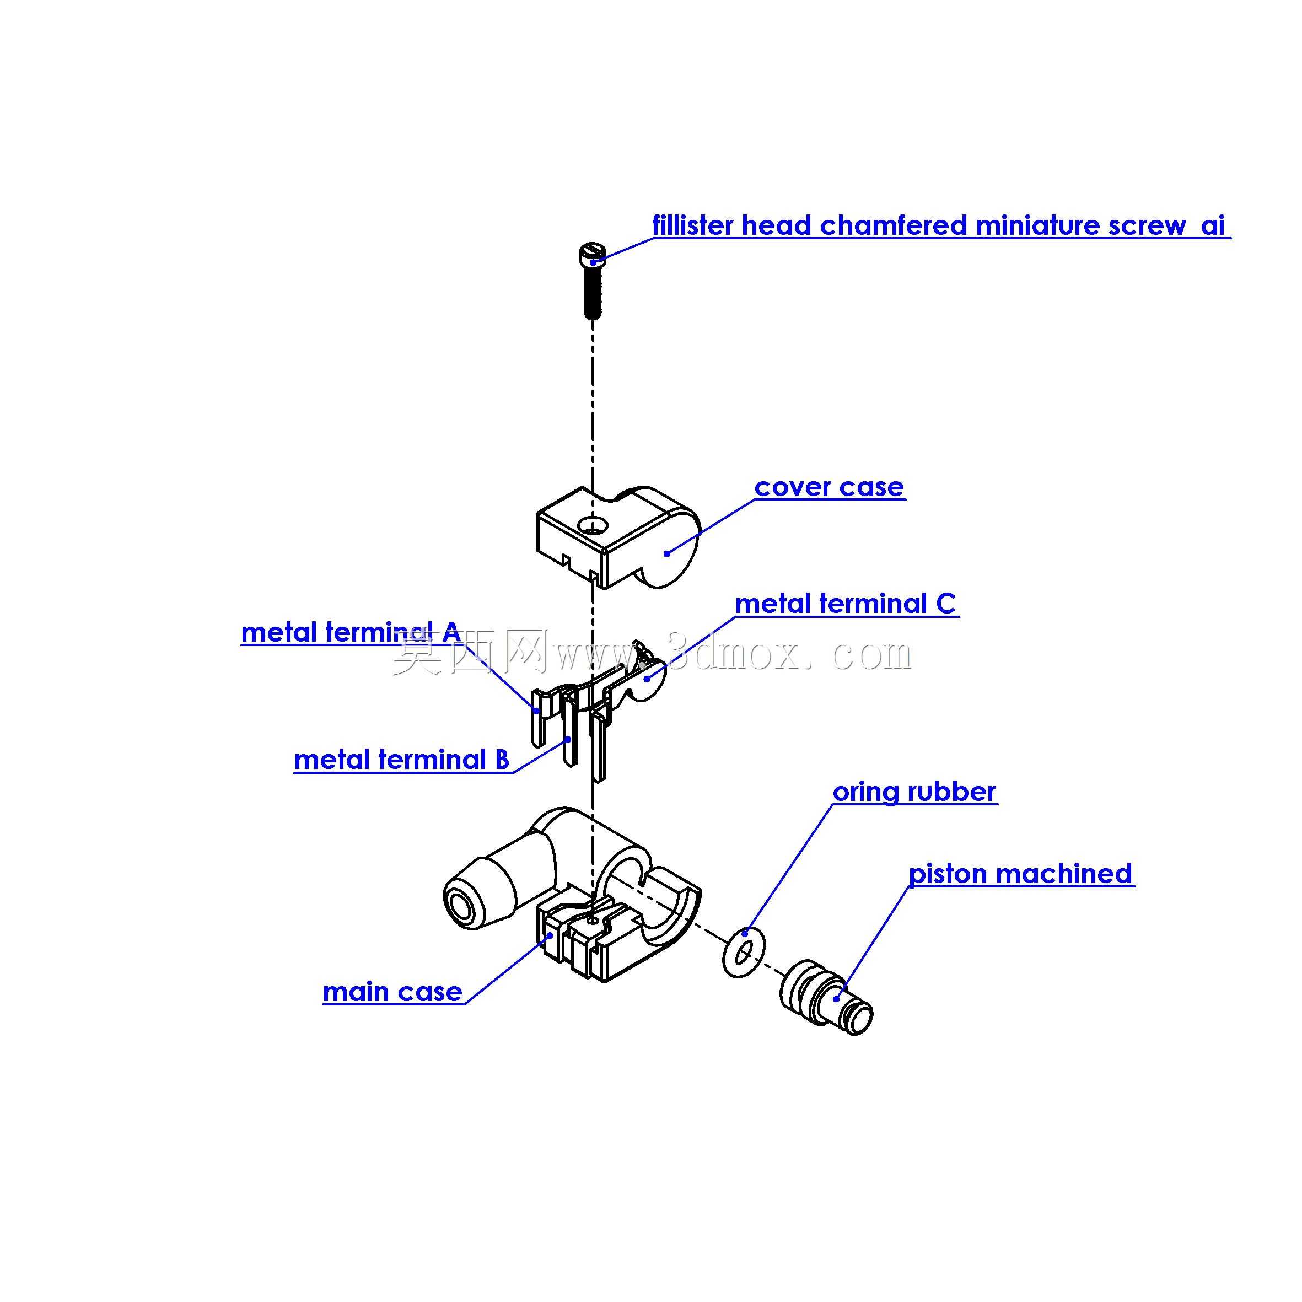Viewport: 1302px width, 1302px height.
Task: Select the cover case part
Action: click(618, 536)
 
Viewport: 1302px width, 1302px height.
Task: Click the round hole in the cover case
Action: click(593, 526)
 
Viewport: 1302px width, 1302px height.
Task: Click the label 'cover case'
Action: click(829, 487)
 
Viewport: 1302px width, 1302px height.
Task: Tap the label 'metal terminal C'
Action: click(845, 604)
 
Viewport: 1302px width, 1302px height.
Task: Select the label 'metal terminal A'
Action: click(351, 632)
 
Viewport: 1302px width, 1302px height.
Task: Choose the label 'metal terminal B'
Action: click(402, 760)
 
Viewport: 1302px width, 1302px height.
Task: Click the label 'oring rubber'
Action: click(914, 792)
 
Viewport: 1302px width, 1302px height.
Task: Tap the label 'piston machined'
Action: click(1020, 874)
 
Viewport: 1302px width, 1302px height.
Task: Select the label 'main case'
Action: click(392, 992)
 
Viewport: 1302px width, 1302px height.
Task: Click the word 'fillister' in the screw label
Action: click(692, 225)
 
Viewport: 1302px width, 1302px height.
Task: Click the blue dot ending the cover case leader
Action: click(666, 553)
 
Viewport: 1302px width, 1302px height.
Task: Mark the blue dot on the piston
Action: click(837, 999)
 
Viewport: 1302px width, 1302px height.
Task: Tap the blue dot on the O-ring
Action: click(745, 933)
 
